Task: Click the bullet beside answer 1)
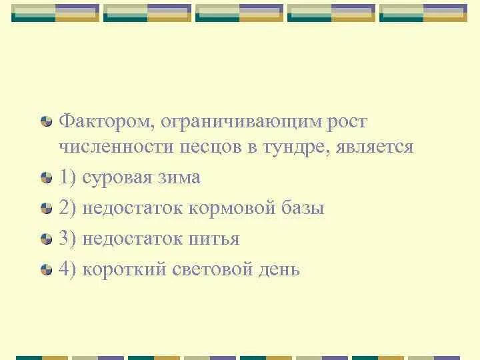click(45, 179)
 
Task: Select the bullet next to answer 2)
click(45, 209)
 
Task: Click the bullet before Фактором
click(45, 122)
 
